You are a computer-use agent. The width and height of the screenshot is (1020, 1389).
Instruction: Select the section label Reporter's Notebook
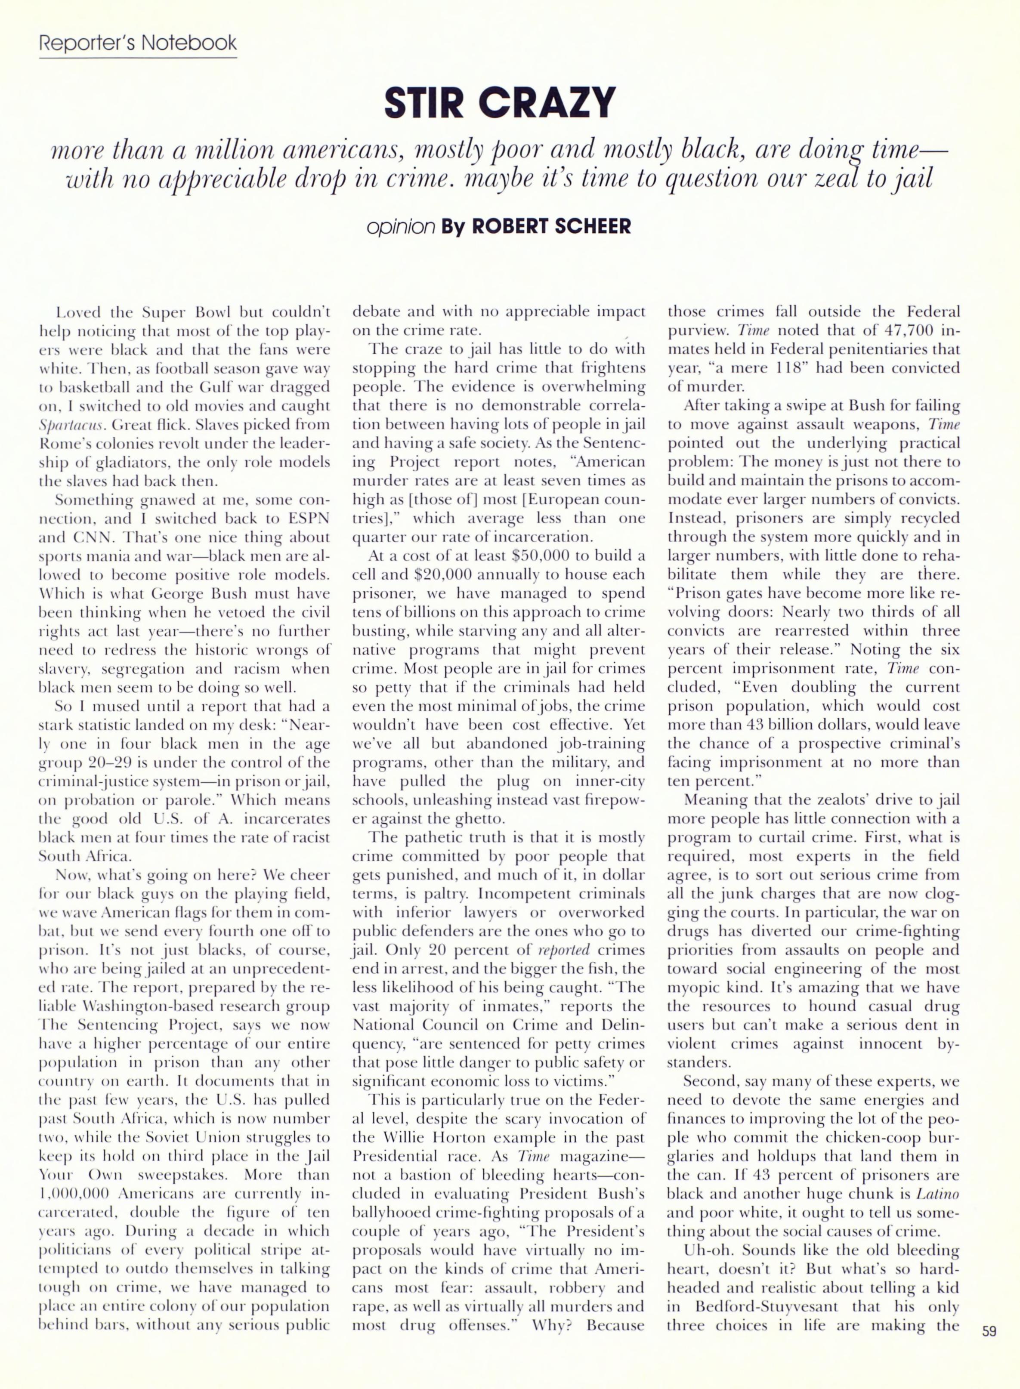pyautogui.click(x=138, y=43)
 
